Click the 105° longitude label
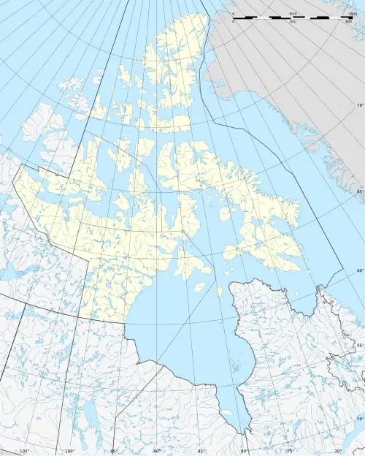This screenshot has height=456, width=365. (25, 451)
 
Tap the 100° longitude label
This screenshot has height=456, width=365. (70, 451)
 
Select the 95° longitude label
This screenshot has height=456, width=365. (114, 451)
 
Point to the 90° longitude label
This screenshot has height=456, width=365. (157, 451)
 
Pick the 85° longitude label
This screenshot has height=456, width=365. (201, 451)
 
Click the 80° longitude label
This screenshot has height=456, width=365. (245, 451)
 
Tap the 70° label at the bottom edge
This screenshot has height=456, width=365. (337, 451)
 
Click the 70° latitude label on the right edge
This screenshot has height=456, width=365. (359, 106)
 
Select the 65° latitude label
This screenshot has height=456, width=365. (359, 191)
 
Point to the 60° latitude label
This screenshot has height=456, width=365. (359, 271)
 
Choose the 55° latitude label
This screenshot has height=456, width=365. (359, 346)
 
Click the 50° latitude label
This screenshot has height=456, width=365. (359, 418)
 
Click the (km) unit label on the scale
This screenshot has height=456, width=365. (293, 13)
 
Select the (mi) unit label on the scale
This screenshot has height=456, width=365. (293, 22)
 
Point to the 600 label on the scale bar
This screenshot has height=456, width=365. (349, 22)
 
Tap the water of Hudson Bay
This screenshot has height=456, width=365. (182, 322)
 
